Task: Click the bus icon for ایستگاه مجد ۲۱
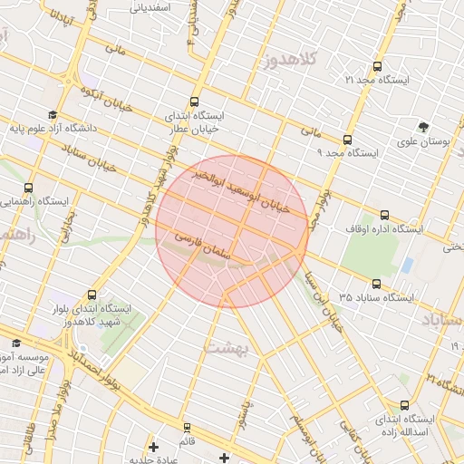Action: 377,66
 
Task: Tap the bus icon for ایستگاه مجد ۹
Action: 347,140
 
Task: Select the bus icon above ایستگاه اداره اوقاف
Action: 384,216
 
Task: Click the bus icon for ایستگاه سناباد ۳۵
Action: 376,283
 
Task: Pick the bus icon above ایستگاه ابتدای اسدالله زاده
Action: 403,405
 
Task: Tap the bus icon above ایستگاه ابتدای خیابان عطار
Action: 193,102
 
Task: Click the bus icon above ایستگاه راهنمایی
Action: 28,187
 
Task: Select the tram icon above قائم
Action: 187,427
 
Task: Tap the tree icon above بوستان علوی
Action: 424,127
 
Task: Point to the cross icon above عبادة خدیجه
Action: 153,447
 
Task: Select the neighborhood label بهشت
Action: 226,347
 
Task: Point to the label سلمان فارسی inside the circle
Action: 214,245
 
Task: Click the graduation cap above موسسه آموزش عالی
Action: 16,343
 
